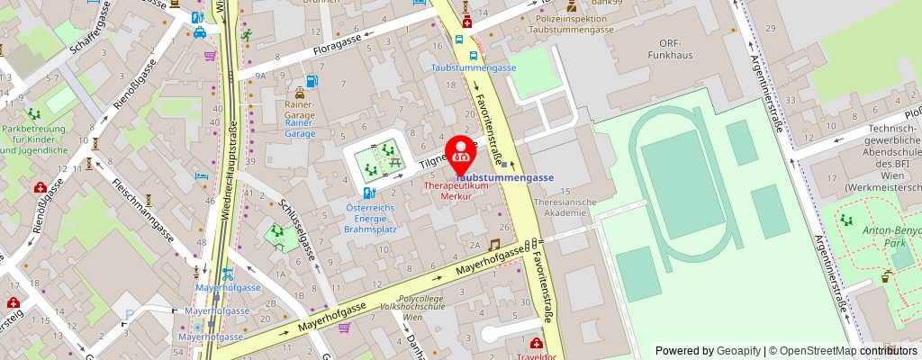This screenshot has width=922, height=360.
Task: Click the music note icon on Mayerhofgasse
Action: click(493, 245)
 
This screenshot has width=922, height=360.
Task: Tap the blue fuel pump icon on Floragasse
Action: click(311, 81)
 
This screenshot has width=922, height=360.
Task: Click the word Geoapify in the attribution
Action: click(737, 351)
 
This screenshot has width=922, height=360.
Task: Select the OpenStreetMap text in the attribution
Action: click(818, 351)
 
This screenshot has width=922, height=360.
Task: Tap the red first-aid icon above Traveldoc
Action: click(537, 343)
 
